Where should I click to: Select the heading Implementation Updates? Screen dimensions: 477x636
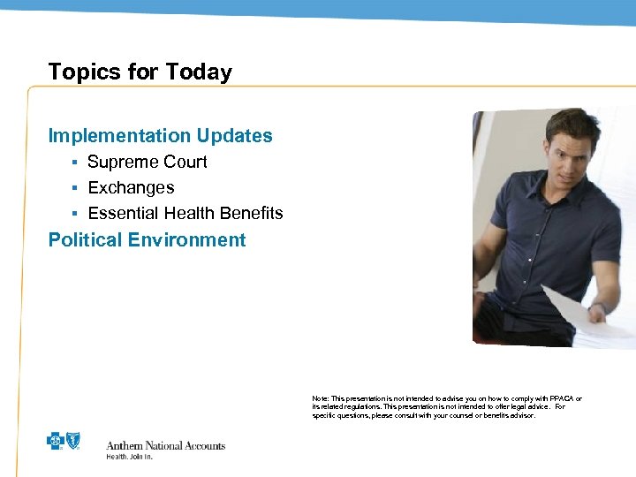coord(160,136)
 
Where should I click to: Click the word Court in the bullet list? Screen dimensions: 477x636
coord(185,163)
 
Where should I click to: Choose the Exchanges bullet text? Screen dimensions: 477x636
coord(131,188)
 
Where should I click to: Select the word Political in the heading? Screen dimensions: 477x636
coord(85,240)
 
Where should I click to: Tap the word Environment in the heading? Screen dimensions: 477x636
coord(186,240)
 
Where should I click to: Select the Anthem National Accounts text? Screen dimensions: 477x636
coord(165,445)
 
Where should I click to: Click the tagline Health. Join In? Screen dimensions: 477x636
coord(129,457)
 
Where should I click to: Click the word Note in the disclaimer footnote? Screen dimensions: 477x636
coord(319,399)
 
